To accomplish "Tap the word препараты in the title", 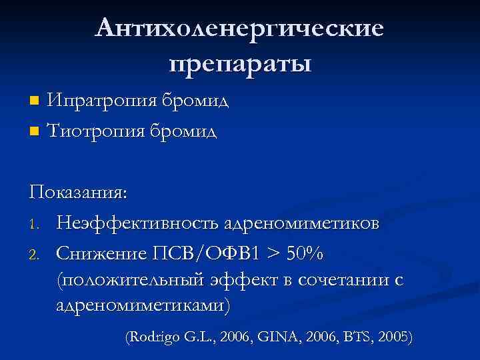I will pyautogui.click(x=240, y=65).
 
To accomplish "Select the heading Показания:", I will pyautogui.click(x=79, y=193).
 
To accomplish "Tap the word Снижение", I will pyautogui.click(x=103, y=253).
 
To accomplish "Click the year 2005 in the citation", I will pyautogui.click(x=393, y=337).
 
